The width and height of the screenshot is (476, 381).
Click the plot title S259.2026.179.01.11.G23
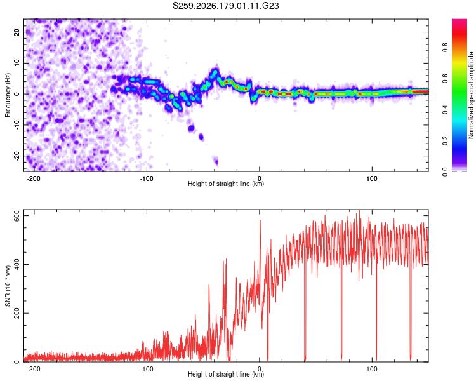pyautogui.click(x=225, y=6)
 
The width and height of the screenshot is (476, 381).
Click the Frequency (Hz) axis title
pyautogui.click(x=8, y=95)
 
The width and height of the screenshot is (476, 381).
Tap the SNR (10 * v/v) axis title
pyautogui.click(x=8, y=286)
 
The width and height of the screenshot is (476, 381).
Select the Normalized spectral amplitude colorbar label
pyautogui.click(x=471, y=95)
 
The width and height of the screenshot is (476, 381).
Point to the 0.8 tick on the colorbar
pyautogui.click(x=445, y=48)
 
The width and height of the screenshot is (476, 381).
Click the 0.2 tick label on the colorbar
pyautogui.click(x=445, y=141)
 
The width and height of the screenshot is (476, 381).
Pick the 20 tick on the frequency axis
pyautogui.click(x=17, y=32)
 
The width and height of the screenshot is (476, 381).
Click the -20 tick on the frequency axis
pyautogui.click(x=17, y=156)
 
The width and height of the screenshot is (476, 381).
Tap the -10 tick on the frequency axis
pyautogui.click(x=17, y=125)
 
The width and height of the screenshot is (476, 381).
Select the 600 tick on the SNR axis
pyautogui.click(x=17, y=216)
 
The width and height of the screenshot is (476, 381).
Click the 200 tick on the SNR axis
pyautogui.click(x=17, y=313)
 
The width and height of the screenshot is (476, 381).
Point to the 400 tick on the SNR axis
pyautogui.click(x=17, y=264)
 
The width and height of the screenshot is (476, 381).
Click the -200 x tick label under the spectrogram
pyautogui.click(x=34, y=178)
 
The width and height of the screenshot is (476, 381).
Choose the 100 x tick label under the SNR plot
pyautogui.click(x=372, y=369)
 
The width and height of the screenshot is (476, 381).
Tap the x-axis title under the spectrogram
pyautogui.click(x=226, y=184)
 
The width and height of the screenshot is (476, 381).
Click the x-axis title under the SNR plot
pyautogui.click(x=226, y=374)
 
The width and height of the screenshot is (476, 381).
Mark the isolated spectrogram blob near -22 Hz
pyautogui.click(x=216, y=161)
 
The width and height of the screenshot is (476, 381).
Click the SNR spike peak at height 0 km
pyautogui.click(x=260, y=220)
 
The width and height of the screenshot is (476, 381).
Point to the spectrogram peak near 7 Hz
pyautogui.click(x=215, y=72)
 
